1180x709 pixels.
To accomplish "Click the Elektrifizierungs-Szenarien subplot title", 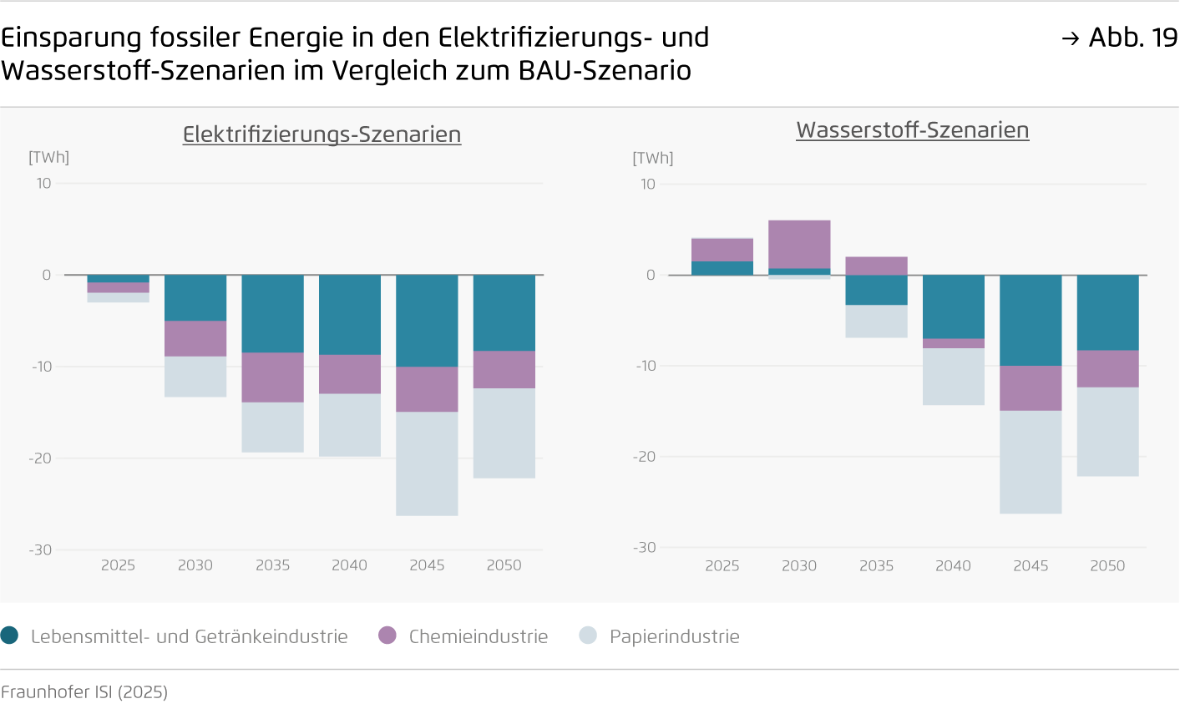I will pos(322,134).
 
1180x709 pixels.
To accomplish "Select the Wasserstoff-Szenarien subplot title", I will pos(912,130).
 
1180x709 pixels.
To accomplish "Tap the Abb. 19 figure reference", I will pos(1120,38).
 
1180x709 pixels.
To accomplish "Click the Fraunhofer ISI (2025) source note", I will pos(84,692).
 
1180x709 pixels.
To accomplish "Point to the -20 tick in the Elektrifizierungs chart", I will pos(40,458).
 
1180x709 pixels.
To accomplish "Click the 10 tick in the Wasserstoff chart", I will pos(647,185).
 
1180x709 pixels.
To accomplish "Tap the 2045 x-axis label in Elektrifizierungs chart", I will pos(427,565).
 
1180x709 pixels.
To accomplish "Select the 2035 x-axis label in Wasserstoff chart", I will pos(876,566).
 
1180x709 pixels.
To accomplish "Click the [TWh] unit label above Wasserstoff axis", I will pos(652,159).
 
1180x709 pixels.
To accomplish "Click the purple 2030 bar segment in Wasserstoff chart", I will pos(799,244).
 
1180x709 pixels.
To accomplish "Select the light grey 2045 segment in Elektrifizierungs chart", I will pos(427,463).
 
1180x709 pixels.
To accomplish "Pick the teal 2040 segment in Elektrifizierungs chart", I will pos(350,315).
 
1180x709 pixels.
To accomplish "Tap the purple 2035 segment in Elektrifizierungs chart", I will pos(272,377).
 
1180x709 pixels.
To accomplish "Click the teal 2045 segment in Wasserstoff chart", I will pos(1031,320).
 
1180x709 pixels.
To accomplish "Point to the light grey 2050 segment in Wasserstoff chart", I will pos(1107,432).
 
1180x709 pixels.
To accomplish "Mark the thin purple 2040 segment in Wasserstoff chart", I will pos(953,343).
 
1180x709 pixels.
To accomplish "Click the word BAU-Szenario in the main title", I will pos(605,71).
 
